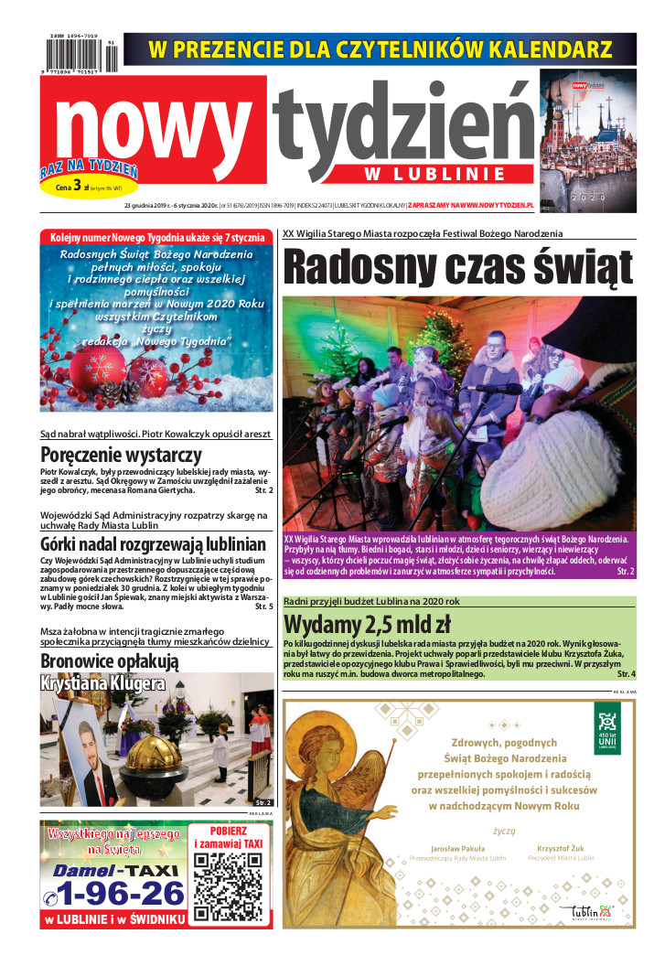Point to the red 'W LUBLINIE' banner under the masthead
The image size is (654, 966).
point(422,174)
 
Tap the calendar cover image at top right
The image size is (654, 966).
point(587,133)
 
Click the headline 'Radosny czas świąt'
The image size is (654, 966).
point(457,267)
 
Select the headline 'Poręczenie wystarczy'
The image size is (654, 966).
point(122,455)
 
